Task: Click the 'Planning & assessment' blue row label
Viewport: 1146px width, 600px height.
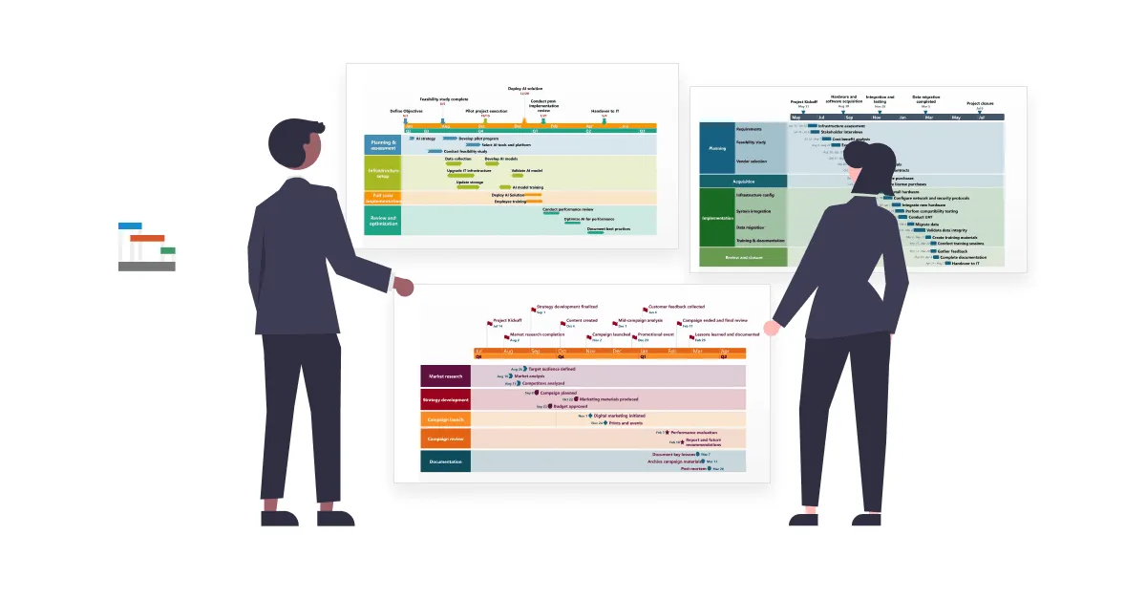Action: coord(383,144)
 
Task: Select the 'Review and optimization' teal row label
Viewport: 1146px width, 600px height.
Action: coord(383,221)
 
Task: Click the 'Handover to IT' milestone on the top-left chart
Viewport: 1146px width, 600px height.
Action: coord(605,111)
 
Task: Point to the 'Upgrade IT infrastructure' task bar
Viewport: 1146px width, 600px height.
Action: coord(468,176)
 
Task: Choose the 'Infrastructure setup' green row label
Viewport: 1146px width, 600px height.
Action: coord(383,173)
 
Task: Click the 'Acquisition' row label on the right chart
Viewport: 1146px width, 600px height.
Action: coord(743,181)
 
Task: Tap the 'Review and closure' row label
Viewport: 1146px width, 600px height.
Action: coord(743,257)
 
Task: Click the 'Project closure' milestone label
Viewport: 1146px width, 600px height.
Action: coord(980,103)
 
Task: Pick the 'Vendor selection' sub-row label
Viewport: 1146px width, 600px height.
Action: coord(751,161)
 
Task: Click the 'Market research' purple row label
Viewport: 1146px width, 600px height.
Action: coord(445,376)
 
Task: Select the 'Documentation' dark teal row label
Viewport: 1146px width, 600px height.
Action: coord(445,461)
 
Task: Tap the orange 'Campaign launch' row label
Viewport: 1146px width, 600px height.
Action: coord(445,419)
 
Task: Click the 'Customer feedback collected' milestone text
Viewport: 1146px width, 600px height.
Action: coord(676,307)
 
